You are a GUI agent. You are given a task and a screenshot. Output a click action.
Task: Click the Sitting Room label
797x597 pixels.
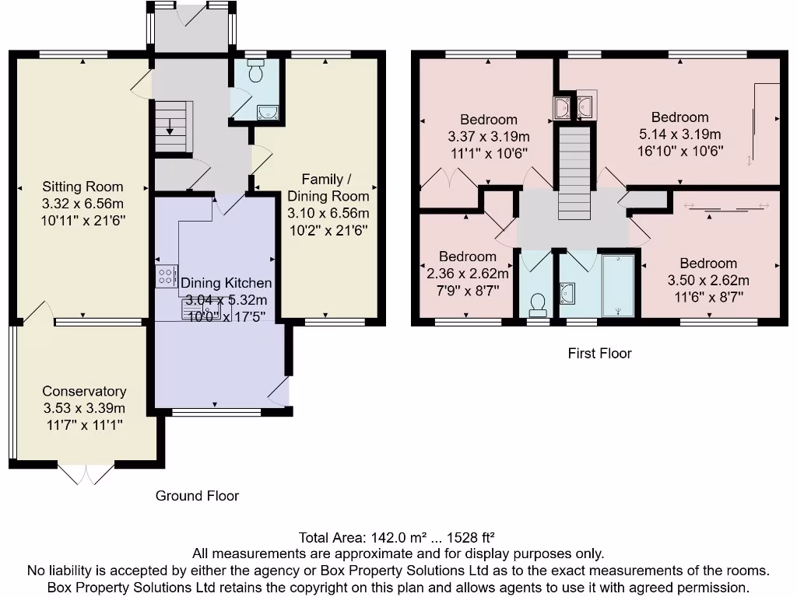click(x=83, y=187)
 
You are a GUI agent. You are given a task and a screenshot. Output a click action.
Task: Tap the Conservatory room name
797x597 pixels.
click(x=84, y=392)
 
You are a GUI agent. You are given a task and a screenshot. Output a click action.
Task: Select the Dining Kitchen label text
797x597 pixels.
click(x=226, y=283)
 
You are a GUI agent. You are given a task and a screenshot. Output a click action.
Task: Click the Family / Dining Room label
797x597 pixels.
click(x=328, y=187)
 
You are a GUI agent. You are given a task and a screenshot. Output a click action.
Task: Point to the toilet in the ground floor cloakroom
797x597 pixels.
click(x=255, y=74)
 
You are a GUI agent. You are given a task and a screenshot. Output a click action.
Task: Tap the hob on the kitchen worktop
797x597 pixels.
click(x=166, y=276)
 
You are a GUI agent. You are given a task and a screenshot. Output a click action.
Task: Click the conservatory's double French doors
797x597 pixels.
click(x=86, y=473)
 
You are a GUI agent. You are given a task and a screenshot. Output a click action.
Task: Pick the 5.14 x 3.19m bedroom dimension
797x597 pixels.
click(x=679, y=134)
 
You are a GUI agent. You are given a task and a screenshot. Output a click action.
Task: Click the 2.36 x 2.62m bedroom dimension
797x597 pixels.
click(x=467, y=274)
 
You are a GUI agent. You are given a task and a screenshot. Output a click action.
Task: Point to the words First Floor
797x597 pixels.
click(x=599, y=354)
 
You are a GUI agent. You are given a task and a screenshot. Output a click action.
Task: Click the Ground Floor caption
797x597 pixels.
click(x=197, y=496)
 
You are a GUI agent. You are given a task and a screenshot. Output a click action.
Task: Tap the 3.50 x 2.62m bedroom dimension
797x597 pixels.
click(x=707, y=281)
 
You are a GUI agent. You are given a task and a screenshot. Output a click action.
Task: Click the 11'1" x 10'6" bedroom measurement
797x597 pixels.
click(x=488, y=152)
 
